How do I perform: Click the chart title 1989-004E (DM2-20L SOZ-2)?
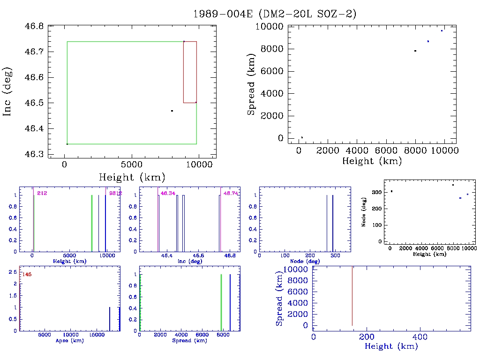pyautogui.click(x=275, y=14)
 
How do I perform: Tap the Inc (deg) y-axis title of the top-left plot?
pyautogui.click(x=7, y=92)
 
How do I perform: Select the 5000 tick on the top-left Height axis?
pyautogui.click(x=132, y=165)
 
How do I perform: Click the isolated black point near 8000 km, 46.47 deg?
pyautogui.click(x=172, y=111)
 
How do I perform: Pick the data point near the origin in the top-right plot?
pyautogui.click(x=302, y=137)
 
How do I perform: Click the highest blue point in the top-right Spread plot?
pyautogui.click(x=442, y=30)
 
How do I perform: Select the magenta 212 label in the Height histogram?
pyautogui.click(x=42, y=193)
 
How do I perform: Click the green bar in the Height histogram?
pyautogui.click(x=92, y=223)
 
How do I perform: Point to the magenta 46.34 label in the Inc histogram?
pyautogui.click(x=167, y=193)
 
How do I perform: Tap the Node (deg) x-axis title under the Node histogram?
pyautogui.click(x=305, y=261)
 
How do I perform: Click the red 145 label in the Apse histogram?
pyautogui.click(x=27, y=274)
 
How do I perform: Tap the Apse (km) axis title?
pyautogui.click(x=69, y=340)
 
